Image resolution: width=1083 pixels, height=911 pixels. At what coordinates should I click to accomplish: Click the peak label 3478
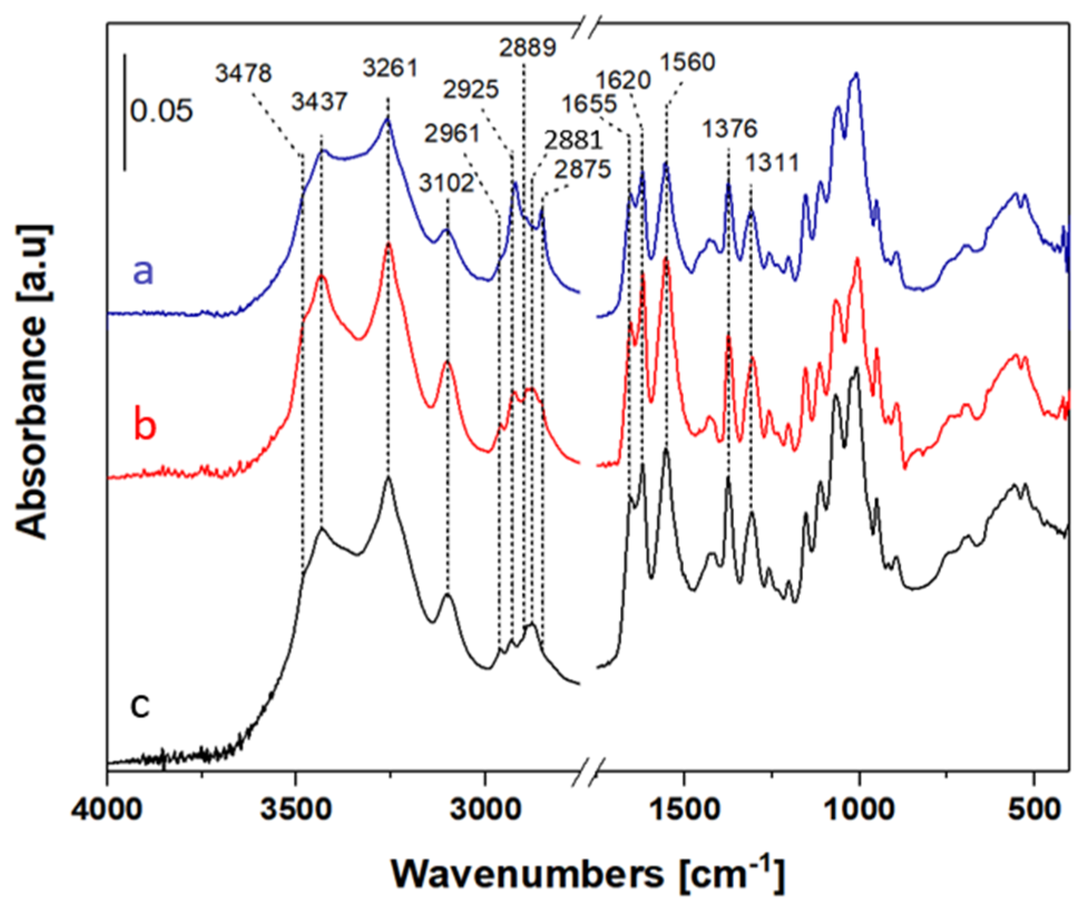point(243,73)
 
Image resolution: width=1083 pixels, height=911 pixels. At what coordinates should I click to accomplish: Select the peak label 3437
point(320,102)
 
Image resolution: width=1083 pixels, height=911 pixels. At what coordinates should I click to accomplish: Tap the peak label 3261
point(390,68)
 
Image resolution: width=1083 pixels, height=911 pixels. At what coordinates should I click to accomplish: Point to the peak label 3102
point(447,183)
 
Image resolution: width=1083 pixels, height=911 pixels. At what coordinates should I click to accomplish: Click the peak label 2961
point(452,134)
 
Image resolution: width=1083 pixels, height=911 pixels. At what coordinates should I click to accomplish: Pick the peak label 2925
point(471,90)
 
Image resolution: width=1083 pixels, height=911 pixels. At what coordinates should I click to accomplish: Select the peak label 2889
point(527,47)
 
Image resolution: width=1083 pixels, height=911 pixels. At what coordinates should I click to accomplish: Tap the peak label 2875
point(583,169)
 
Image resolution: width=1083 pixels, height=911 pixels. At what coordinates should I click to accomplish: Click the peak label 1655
point(589,104)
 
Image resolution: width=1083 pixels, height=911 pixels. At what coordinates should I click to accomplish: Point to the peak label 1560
point(687,62)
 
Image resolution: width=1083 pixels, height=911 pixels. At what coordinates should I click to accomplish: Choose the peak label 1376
point(729,129)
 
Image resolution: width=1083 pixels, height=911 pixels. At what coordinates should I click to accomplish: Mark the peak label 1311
point(772,163)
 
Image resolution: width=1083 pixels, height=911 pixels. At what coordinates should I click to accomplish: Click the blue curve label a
point(143,271)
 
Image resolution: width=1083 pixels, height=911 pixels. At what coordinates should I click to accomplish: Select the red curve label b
point(144,425)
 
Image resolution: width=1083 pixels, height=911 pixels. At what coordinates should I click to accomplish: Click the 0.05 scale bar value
point(161,111)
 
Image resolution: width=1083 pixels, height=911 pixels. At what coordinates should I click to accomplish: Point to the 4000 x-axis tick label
point(108,810)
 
